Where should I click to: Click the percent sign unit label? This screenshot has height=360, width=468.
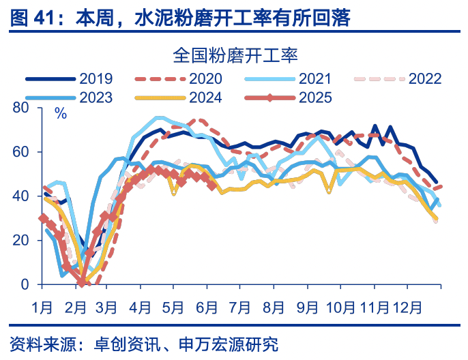click(61, 114)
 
